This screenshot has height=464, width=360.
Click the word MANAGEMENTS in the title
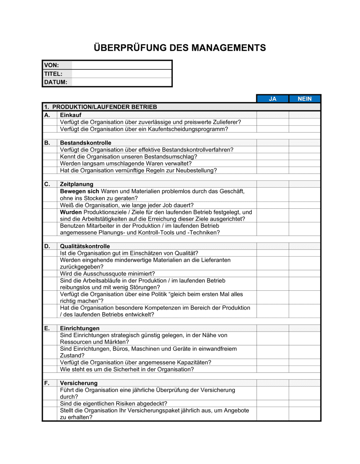point(228,48)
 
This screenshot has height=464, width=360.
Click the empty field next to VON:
point(122,65)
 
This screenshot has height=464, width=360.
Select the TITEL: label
point(53,74)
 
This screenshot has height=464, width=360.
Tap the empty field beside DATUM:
point(122,82)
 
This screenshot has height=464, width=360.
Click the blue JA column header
point(273,99)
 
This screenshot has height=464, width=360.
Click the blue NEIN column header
point(305,99)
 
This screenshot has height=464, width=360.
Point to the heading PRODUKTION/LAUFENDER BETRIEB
point(104,107)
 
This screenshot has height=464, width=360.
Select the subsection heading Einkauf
point(71,115)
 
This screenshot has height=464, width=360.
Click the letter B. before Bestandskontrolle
point(47,143)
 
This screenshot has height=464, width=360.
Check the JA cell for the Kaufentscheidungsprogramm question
point(273,129)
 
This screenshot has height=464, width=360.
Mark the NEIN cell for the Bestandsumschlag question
point(305,157)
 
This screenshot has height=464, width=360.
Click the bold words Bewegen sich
point(79,191)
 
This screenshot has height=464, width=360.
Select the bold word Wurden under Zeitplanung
point(71,212)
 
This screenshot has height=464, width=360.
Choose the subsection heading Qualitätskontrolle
point(85,246)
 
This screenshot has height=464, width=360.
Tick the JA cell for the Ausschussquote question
point(273,274)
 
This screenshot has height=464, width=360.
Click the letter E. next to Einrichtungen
point(47,328)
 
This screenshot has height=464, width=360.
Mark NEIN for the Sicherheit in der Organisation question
point(305,369)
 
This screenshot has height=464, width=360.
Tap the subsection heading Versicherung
point(78,383)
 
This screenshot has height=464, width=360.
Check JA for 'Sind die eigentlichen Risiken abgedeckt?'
point(273,404)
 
